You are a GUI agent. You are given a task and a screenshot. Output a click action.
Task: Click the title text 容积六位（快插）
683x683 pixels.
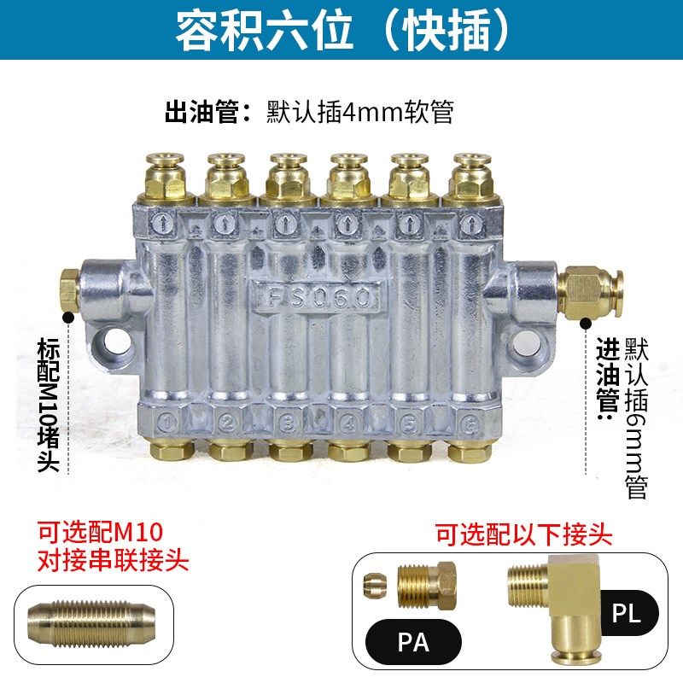tap(341, 31)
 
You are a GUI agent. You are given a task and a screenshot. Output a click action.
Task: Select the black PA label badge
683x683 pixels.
tap(413, 642)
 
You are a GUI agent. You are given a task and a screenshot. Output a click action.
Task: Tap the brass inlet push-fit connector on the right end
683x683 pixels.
tap(592, 288)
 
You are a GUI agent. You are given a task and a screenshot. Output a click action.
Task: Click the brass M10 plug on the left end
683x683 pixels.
tap(68, 289)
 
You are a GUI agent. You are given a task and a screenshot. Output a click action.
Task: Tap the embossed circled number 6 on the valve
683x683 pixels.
tap(468, 420)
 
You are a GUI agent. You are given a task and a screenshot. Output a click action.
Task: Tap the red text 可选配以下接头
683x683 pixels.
tap(523, 536)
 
